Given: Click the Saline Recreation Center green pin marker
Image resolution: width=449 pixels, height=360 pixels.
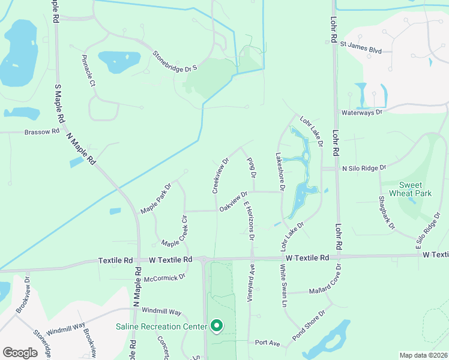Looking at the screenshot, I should pyautogui.click(x=217, y=326).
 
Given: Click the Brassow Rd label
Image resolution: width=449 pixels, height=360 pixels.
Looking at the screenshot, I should pyautogui.click(x=42, y=132).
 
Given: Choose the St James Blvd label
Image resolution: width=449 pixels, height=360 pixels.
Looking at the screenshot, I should pyautogui.click(x=361, y=45).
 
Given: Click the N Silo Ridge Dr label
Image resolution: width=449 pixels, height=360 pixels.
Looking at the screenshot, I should pyautogui.click(x=363, y=169).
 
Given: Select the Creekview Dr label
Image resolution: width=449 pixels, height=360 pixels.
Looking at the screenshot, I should pyautogui.click(x=220, y=176).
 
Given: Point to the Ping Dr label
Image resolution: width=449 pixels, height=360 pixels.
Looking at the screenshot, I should pyautogui.click(x=252, y=167).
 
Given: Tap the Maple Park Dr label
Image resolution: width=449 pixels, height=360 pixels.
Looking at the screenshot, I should pyautogui.click(x=156, y=199).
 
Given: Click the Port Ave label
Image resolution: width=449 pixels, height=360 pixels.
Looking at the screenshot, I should pyautogui.click(x=268, y=343).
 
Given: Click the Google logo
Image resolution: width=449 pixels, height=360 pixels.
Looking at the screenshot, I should pyautogui.click(x=20, y=353).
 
